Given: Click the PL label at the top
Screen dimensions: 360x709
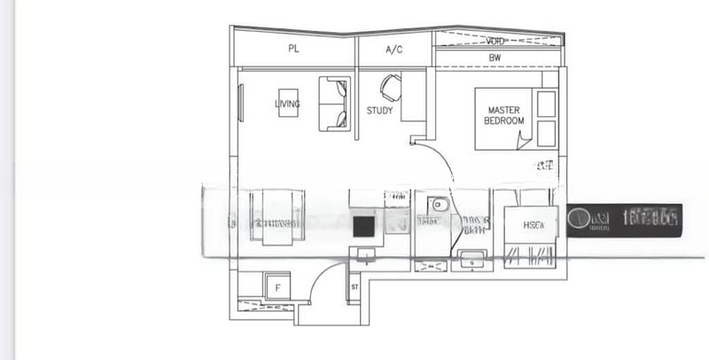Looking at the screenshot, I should (293, 50).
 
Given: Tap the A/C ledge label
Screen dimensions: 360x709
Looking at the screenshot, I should (394, 50).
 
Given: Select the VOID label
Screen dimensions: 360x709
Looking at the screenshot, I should (496, 41).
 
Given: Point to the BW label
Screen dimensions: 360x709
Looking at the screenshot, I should (495, 58).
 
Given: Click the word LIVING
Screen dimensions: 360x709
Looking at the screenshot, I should (287, 104).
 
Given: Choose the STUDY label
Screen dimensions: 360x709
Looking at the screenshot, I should (379, 111).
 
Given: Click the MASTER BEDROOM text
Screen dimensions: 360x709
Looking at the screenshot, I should (504, 115).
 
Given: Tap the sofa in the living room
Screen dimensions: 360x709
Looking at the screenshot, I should (334, 104).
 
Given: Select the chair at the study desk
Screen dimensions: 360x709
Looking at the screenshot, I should (391, 87).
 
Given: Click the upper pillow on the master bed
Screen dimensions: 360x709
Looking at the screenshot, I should (547, 104).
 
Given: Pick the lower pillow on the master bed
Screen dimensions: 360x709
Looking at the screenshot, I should (547, 133).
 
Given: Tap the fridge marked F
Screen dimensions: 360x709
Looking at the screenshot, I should (277, 286).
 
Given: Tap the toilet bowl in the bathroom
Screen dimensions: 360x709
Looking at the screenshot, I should (436, 206).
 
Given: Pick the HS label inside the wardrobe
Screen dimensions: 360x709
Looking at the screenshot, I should (533, 225).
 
